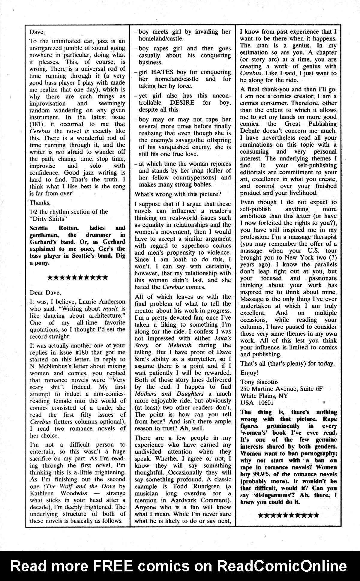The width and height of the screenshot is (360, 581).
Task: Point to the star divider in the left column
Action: pyautogui.click(x=78, y=277)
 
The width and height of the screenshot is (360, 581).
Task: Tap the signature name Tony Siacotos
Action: pyautogui.click(x=259, y=382)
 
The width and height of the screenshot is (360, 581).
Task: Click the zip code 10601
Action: pyautogui.click(x=263, y=403)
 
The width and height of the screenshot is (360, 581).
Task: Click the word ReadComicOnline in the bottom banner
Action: pyautogui.click(x=282, y=566)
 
